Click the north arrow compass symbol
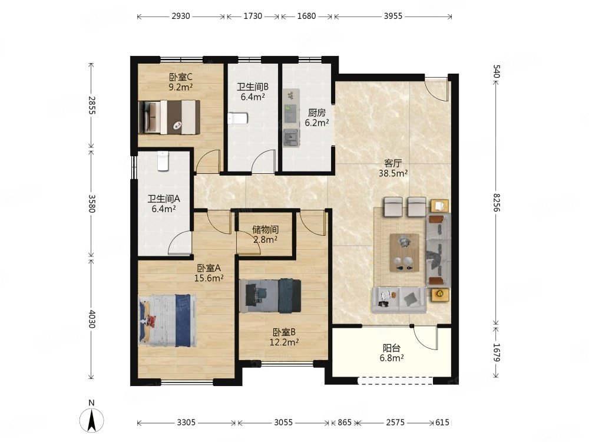pyautogui.click(x=92, y=420)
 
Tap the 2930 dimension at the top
pyautogui.click(x=181, y=16)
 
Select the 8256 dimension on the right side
pyautogui.click(x=497, y=203)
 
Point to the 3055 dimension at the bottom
pyautogui.click(x=283, y=423)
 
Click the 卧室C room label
pyautogui.click(x=181, y=77)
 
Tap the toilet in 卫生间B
pyautogui.click(x=237, y=118)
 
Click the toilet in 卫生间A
pyautogui.click(x=163, y=161)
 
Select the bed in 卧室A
pyautogui.click(x=167, y=320)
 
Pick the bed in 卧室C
pyautogui.click(x=169, y=117)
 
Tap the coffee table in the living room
pyautogui.click(x=405, y=252)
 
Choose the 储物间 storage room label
pyautogui.click(x=265, y=229)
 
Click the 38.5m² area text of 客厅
pyautogui.click(x=393, y=173)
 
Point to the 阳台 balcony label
pyautogui.click(x=392, y=348)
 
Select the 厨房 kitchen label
pyautogui.click(x=317, y=113)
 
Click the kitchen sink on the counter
pyautogui.click(x=291, y=137)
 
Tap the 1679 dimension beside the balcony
pyautogui.click(x=497, y=352)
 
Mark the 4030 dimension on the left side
pyautogui.click(x=91, y=319)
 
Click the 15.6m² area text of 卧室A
pyautogui.click(x=209, y=278)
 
